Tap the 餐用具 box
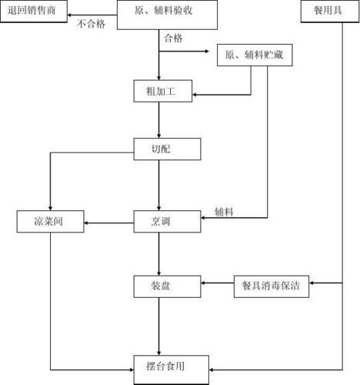coord(326,11)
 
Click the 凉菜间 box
coord(50,223)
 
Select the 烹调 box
coord(167,223)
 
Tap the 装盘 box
coord(167,285)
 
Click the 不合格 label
coord(92,24)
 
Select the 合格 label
coord(173,38)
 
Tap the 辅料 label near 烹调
coord(224,211)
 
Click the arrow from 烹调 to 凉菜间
coord(108,224)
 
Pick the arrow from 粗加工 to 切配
coord(158,121)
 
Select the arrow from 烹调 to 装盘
coord(158,254)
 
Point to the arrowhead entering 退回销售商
coord(70,13)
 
